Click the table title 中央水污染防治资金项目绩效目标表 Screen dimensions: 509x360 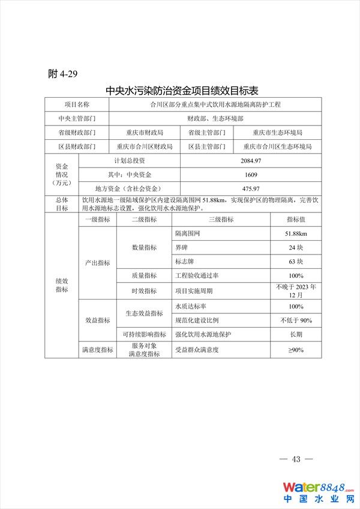[x=182, y=91]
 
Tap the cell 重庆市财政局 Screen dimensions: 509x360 [x=145, y=132]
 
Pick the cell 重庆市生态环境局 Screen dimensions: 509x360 [x=277, y=132]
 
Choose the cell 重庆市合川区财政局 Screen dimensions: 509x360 [x=145, y=146]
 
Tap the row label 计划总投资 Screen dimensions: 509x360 [x=130, y=161]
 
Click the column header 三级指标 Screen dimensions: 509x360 [x=221, y=220]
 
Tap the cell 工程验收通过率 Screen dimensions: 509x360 [x=197, y=276]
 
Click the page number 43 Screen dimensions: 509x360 [x=296, y=459]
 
